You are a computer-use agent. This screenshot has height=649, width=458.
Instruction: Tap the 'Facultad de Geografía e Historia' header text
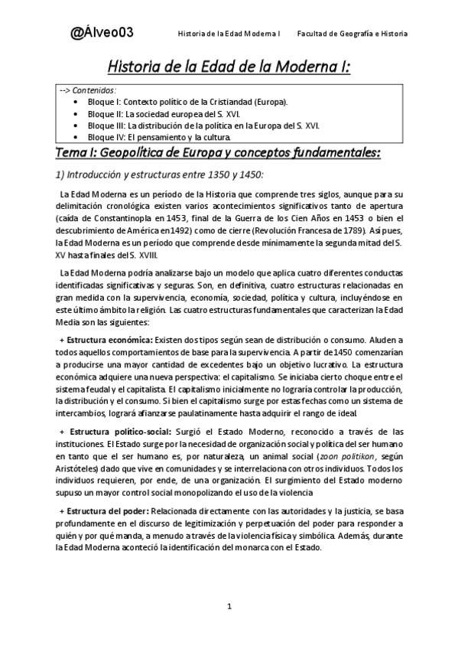tap(352, 34)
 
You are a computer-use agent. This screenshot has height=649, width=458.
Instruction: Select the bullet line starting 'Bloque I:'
tap(188, 102)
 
